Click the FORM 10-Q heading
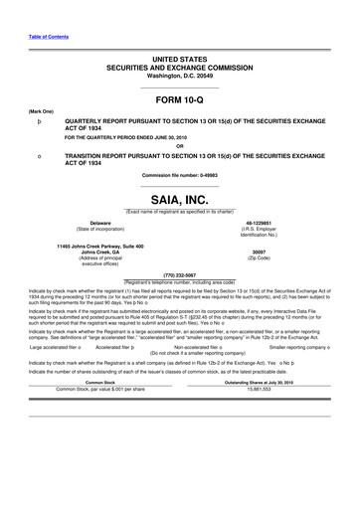click(179, 100)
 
